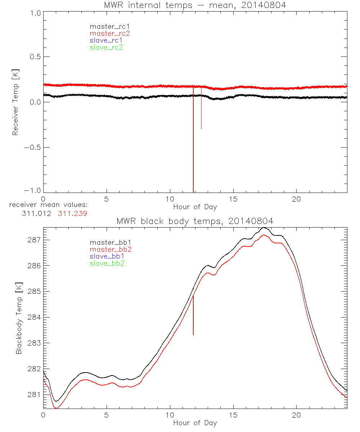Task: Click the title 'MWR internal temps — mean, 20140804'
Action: pos(195,5)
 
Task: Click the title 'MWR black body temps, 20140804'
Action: pos(195,221)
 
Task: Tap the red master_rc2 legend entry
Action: pos(110,33)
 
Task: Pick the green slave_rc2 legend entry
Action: pos(106,47)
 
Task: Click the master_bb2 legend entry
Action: pos(111,249)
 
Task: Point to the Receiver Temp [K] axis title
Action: pos(15,102)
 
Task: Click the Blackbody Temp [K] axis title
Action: pos(19,317)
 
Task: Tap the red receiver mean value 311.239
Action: pos(72,213)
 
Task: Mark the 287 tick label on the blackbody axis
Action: pos(33,240)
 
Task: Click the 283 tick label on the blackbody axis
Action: pos(33,343)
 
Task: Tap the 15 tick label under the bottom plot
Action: pos(233,415)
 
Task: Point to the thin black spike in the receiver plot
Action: pos(201,115)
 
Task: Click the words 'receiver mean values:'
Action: pos(49,205)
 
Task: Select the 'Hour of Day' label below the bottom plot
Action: pos(195,423)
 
